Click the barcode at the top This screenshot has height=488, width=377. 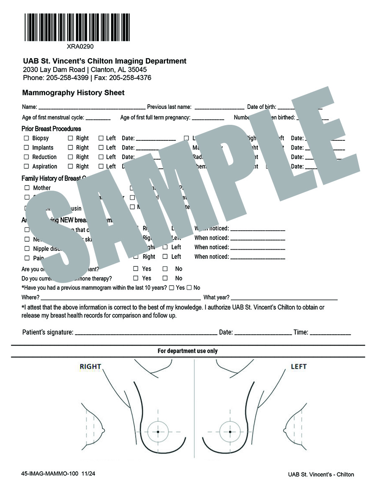77,27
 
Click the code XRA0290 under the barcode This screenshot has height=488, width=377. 77,46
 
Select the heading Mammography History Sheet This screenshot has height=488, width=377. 73,93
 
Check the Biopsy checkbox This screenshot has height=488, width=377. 27,138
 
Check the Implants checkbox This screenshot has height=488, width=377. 27,147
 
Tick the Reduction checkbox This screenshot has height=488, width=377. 27,157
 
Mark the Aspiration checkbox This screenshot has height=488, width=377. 27,166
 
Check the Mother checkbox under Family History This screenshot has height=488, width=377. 27,188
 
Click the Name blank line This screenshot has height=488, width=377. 92,108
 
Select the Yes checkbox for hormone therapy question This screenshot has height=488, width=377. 136,278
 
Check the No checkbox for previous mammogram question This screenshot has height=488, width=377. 189,288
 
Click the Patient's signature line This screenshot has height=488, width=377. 145,333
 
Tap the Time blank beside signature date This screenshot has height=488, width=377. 330,333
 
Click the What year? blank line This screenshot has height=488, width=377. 284,298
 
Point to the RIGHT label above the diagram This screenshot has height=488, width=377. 90,367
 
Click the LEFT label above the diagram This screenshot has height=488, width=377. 299,367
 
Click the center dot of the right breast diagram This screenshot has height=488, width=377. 158,431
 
